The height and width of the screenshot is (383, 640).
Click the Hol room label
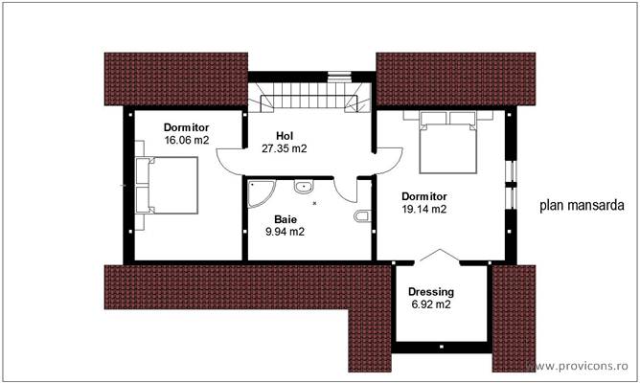284,136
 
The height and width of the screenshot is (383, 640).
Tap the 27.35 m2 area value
285,148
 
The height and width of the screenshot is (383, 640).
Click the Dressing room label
430,292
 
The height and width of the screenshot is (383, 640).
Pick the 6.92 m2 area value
430,304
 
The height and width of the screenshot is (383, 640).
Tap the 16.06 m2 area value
186,140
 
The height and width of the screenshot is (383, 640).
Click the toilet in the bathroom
359,219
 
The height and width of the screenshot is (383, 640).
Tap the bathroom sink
304,188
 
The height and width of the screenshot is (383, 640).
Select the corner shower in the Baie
260,194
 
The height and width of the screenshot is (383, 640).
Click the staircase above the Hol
309,99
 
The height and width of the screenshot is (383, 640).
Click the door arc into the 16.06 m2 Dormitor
231,158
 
